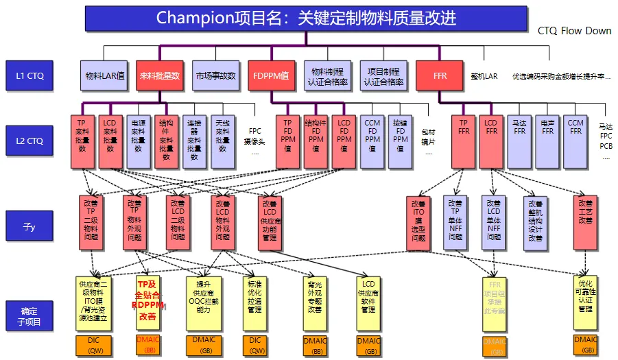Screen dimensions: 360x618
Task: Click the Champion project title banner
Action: (306, 18)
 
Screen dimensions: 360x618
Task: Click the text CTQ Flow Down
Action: (574, 31)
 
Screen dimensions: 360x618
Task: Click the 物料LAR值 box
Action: (104, 75)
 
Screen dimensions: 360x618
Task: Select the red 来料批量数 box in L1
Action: (159, 75)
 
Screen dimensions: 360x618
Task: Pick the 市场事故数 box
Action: (215, 75)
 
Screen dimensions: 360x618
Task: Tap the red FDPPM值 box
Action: (271, 75)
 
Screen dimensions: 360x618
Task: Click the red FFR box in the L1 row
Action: (440, 75)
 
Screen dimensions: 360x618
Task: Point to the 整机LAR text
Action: (484, 76)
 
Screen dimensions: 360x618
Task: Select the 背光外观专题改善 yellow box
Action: (314, 300)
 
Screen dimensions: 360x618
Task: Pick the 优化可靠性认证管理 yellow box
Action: (585, 300)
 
